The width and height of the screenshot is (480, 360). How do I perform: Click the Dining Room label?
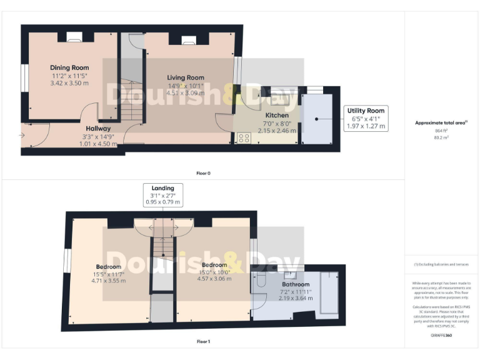[x=69, y=67]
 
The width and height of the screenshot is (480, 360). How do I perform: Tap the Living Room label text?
[x=186, y=77]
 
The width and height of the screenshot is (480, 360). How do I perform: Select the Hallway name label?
[x=98, y=128]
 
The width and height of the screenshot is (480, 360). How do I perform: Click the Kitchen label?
[x=277, y=116]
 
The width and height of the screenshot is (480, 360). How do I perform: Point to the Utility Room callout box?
[x=366, y=118]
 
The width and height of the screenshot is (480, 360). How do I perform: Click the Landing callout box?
[x=162, y=194]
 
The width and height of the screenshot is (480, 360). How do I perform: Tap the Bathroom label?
[x=296, y=284]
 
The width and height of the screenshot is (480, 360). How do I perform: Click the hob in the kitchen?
[x=244, y=138]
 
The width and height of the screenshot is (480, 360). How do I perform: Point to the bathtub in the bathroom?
[x=329, y=292]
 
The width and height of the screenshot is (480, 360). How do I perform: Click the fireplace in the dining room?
[x=73, y=38]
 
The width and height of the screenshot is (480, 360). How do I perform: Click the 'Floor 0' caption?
[x=204, y=172]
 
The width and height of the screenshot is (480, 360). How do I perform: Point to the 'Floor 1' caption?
[x=204, y=342]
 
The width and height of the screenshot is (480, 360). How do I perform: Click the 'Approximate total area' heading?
[x=442, y=122]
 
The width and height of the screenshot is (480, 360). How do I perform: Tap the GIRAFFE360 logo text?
[x=441, y=336]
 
